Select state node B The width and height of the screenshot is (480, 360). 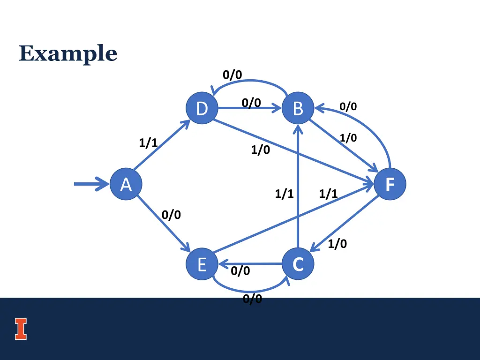pos(298,108)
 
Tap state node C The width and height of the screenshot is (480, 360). pos(298,264)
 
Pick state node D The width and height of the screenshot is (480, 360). pos(202,108)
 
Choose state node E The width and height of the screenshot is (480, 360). pos(202,264)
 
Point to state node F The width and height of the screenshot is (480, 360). pos(390,184)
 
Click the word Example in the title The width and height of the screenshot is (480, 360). pos(68,53)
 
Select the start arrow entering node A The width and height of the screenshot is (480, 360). pos(91,184)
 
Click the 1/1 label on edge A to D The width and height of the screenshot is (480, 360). pos(148,143)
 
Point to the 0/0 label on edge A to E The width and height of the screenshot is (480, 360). pos(171,215)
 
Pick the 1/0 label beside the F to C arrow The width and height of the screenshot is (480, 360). pos(337,244)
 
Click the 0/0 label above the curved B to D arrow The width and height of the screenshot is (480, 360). pos(232,75)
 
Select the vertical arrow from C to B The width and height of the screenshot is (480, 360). pos(298,187)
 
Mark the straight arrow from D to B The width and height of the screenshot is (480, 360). pos(248,109)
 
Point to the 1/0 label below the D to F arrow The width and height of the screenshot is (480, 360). pos(260,150)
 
